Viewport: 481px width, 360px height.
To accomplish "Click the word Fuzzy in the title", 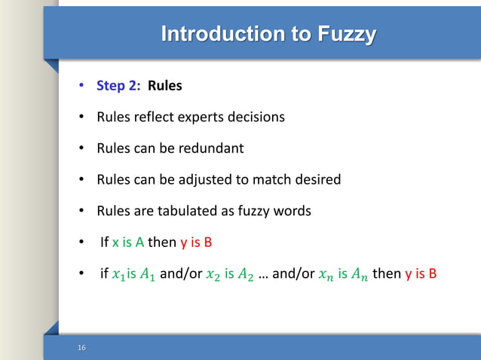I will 345,35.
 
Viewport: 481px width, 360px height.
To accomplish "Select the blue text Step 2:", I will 118,86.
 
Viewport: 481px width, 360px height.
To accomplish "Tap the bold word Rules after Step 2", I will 164,86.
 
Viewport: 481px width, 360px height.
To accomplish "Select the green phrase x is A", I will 128,243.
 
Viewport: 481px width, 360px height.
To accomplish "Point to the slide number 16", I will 81,347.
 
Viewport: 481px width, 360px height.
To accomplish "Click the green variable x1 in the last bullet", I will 118,275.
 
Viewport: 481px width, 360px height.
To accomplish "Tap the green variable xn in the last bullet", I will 326,275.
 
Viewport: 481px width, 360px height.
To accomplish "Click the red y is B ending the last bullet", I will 421,274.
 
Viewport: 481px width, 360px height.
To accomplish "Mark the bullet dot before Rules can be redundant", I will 81,148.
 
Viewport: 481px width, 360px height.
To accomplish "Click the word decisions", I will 257,117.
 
